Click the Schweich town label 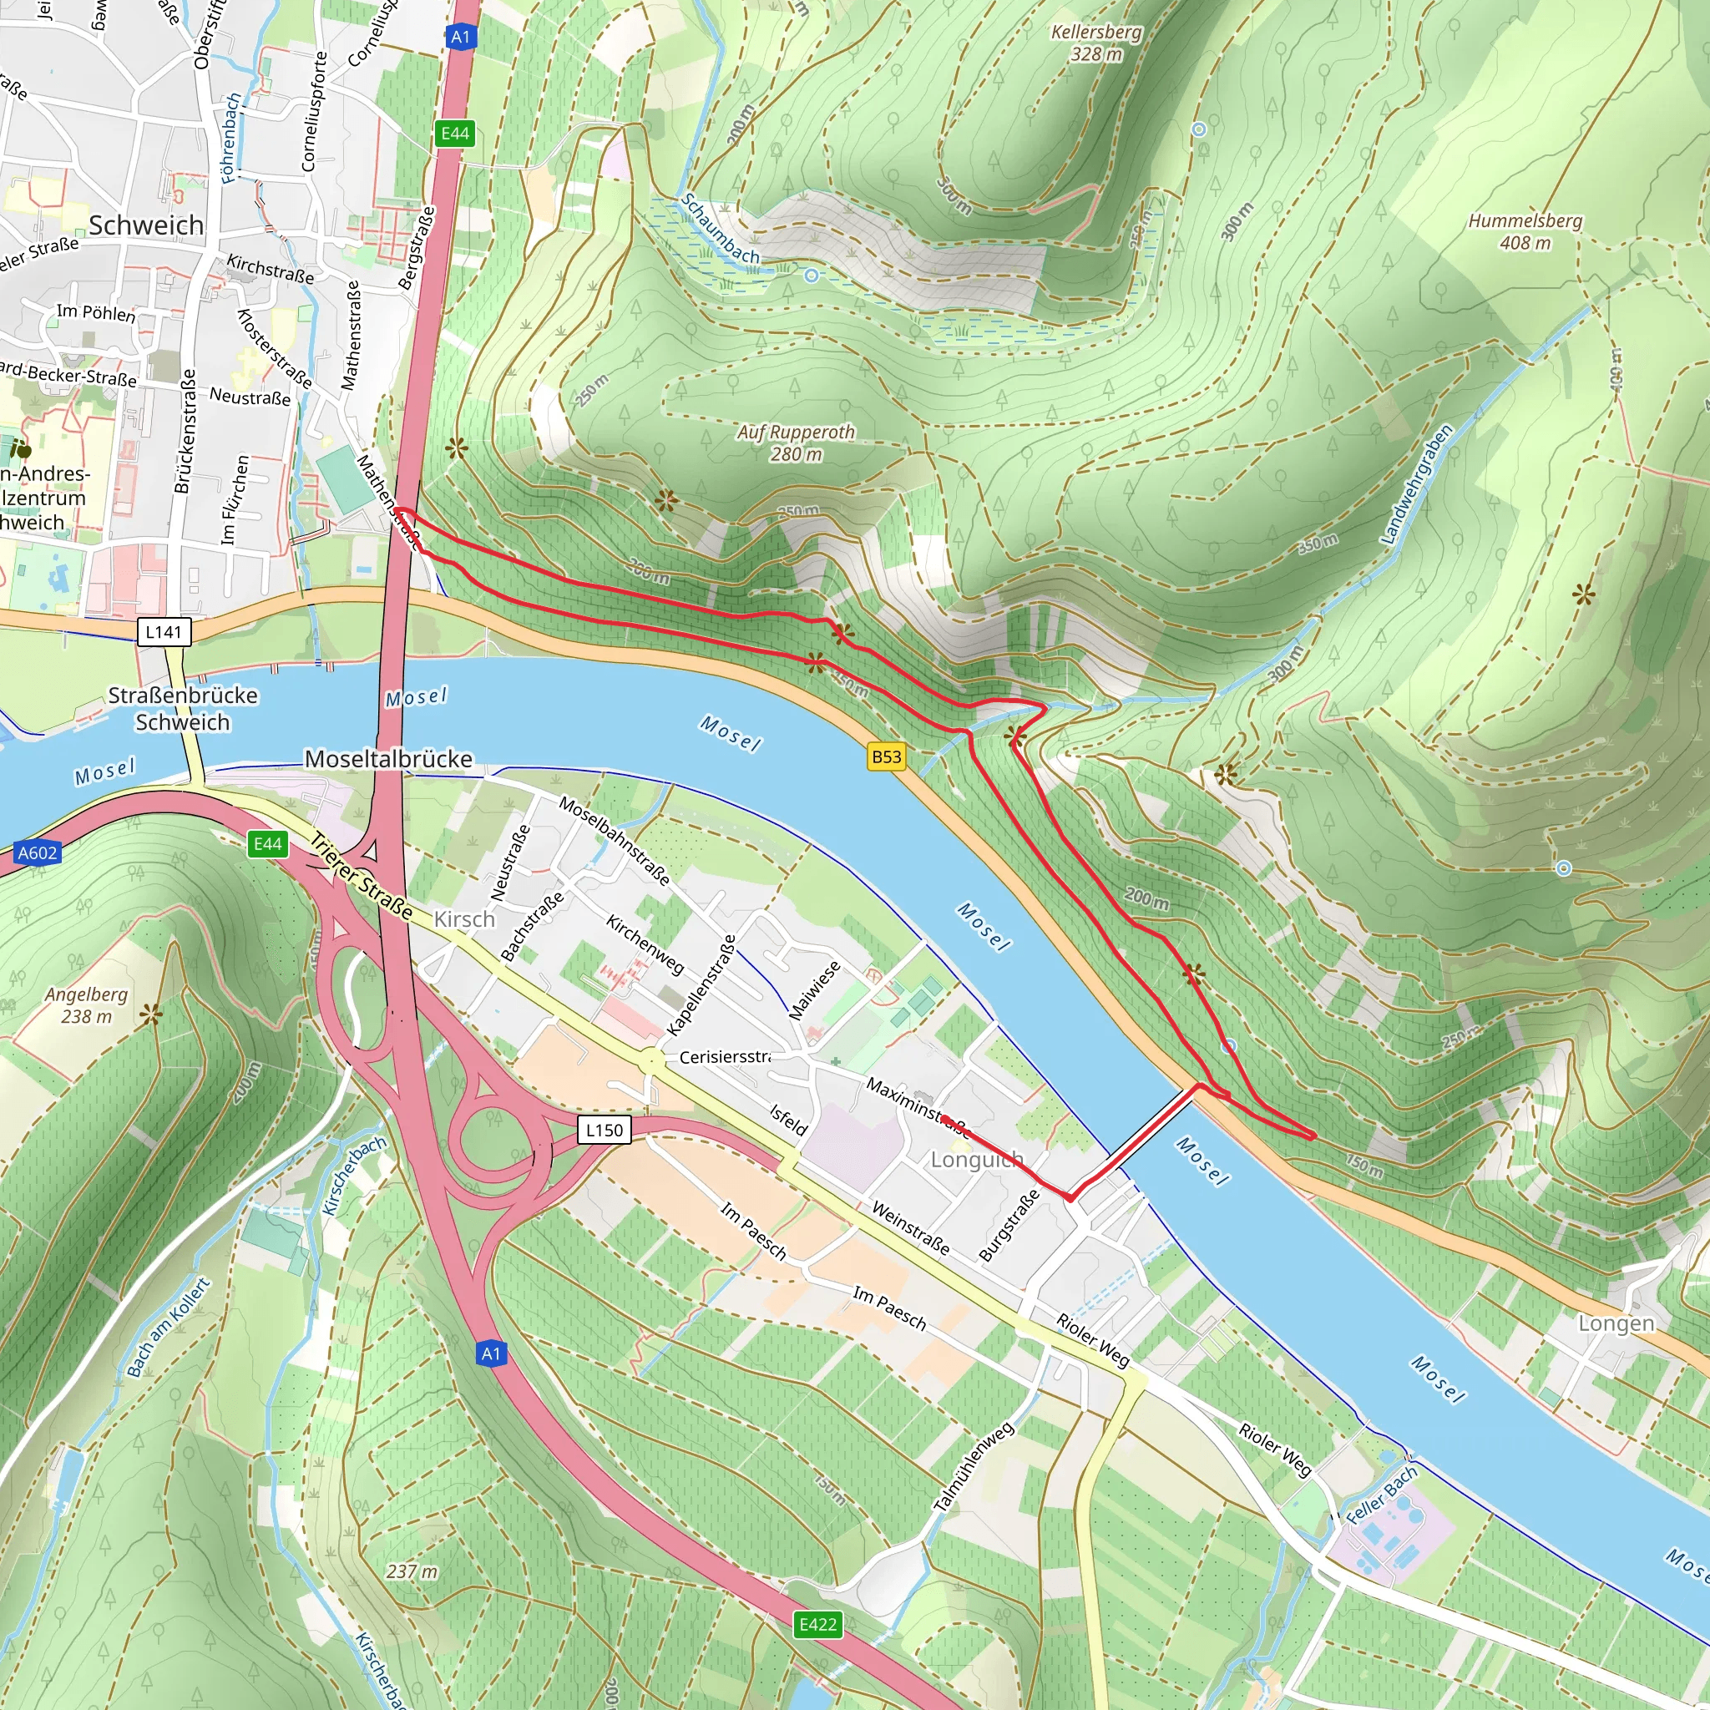(x=146, y=225)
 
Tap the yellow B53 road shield (x=886, y=756)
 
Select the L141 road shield (x=164, y=632)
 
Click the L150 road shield (x=605, y=1131)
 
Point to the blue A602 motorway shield (x=38, y=853)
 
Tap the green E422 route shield (x=817, y=1624)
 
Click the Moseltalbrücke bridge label (x=387, y=760)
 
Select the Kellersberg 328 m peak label (x=1095, y=43)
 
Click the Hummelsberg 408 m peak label (x=1525, y=231)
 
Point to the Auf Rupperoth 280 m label (x=796, y=443)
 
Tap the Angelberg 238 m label (x=87, y=1005)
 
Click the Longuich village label (x=976, y=1160)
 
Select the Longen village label (x=1616, y=1323)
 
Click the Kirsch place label (x=465, y=919)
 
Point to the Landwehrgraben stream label (x=1417, y=485)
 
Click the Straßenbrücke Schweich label (x=183, y=709)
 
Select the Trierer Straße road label (x=361, y=878)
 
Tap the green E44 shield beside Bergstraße (x=456, y=134)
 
